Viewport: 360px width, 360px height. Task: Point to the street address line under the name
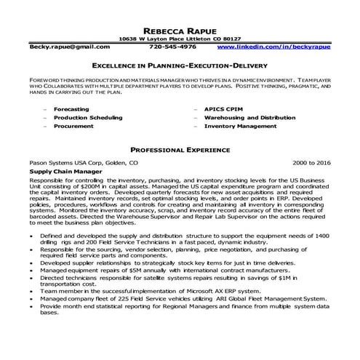pyautogui.click(x=180, y=38)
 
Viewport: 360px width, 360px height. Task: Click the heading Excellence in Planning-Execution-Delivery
pyautogui.click(x=180, y=65)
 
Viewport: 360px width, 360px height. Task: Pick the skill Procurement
pyautogui.click(x=73, y=126)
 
